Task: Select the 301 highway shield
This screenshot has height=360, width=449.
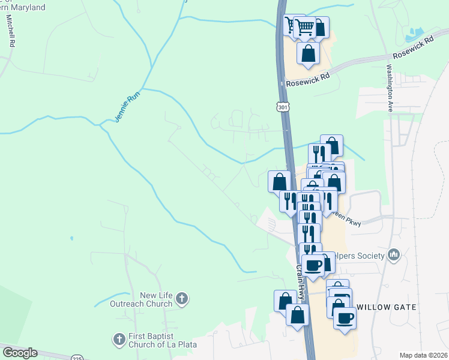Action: pyautogui.click(x=283, y=107)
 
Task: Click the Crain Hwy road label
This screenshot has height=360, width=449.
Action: pyautogui.click(x=301, y=281)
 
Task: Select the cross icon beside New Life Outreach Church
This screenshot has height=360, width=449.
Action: pyautogui.click(x=183, y=298)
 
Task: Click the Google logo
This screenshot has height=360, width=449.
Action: pyautogui.click(x=20, y=353)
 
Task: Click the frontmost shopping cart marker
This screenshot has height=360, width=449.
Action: pyautogui.click(x=305, y=26)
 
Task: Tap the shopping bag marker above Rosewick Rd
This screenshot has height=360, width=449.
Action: pyautogui.click(x=308, y=53)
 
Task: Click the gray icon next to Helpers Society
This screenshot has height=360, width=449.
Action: pyautogui.click(x=394, y=256)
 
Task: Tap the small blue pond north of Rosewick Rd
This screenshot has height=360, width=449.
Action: pyautogui.click(x=415, y=34)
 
